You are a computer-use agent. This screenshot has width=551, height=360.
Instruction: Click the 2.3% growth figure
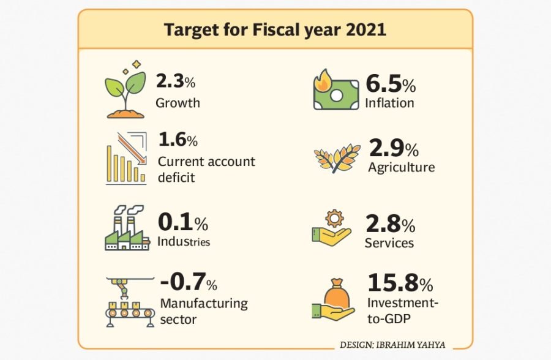tap(175, 81)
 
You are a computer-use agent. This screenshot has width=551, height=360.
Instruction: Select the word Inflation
tap(389, 102)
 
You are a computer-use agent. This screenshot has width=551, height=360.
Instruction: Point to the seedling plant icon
tap(126, 90)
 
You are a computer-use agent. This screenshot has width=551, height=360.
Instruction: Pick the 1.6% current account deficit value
tap(178, 140)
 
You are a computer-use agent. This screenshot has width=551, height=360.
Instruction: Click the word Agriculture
tap(401, 167)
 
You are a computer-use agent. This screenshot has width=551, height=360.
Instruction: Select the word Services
tap(389, 243)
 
